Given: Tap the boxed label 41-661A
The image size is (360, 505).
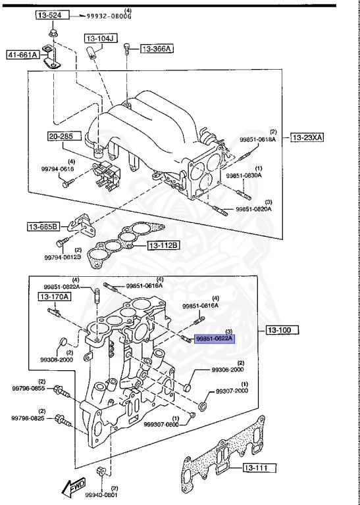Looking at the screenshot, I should pyautogui.click(x=23, y=55).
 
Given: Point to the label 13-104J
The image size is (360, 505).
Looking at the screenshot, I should pyautogui.click(x=100, y=39).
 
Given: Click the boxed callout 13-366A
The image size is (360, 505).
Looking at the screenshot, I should pyautogui.click(x=158, y=49).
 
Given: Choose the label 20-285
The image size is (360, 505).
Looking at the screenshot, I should pyautogui.click(x=64, y=137).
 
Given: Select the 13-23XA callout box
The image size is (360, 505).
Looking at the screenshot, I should pyautogui.click(x=309, y=137).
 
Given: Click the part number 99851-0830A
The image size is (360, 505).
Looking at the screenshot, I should pyautogui.click(x=244, y=176).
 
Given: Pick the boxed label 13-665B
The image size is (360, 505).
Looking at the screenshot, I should pyautogui.click(x=43, y=227).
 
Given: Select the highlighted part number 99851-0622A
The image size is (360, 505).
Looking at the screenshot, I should pyautogui.click(x=215, y=338).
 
